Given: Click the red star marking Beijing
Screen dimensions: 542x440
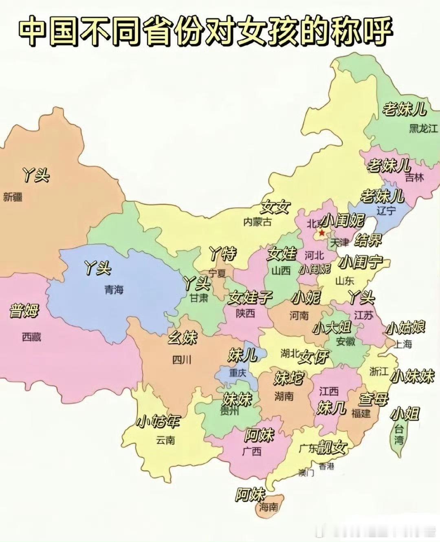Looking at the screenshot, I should pos(322,233).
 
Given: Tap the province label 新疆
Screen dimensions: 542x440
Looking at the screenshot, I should pos(13,197).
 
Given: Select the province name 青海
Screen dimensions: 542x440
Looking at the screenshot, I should pos(114,290).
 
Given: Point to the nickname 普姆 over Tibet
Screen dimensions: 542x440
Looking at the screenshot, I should pos(24,311).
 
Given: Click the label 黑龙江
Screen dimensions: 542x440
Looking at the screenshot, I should pos(423,129).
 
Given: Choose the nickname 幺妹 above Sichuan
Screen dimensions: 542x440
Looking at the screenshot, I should pos(183,337).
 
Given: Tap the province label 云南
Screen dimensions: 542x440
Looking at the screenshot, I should pos(165,440).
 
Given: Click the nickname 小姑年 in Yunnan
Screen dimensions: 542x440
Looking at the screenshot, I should pos(158,421).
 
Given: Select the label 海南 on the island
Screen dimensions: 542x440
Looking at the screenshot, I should pos(269,507).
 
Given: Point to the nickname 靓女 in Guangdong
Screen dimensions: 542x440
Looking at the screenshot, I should pos(332,447).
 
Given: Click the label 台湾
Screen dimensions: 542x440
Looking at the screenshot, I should pos(399,434).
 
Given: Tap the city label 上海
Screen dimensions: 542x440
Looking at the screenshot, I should pos(403,344).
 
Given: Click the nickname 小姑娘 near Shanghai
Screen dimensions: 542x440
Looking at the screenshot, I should pos(405,327).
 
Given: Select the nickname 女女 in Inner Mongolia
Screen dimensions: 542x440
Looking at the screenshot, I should pos(275,207).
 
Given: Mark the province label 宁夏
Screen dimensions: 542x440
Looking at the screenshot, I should pos(217,273).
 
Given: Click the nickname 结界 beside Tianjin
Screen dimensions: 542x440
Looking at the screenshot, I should pos(368,240).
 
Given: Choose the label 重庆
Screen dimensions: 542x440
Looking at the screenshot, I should pos(238,372).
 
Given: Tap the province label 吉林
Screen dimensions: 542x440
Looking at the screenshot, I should pos(414,177).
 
